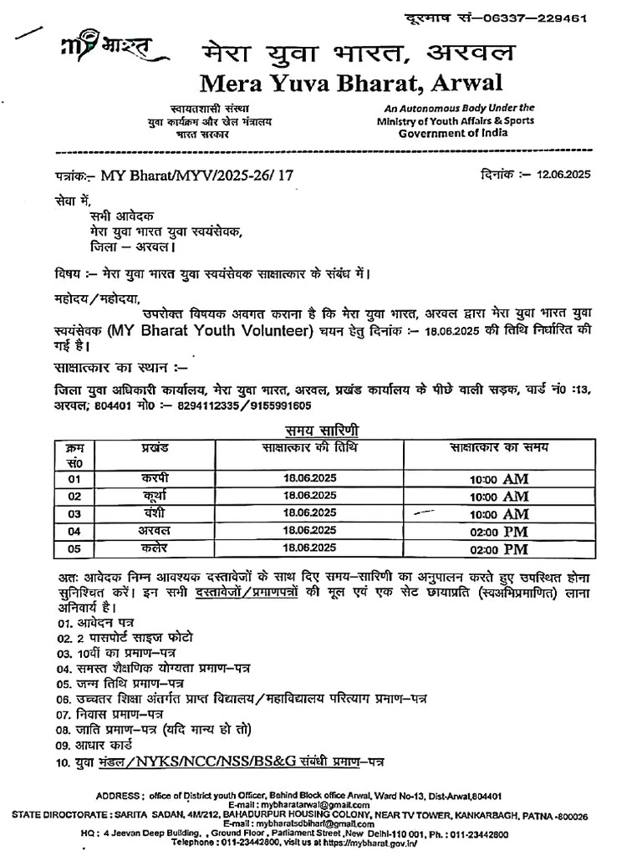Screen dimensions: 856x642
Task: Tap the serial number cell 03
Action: (x=75, y=513)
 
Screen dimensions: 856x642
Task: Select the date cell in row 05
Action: (x=310, y=548)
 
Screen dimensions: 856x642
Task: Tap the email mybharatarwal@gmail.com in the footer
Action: (x=322, y=803)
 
